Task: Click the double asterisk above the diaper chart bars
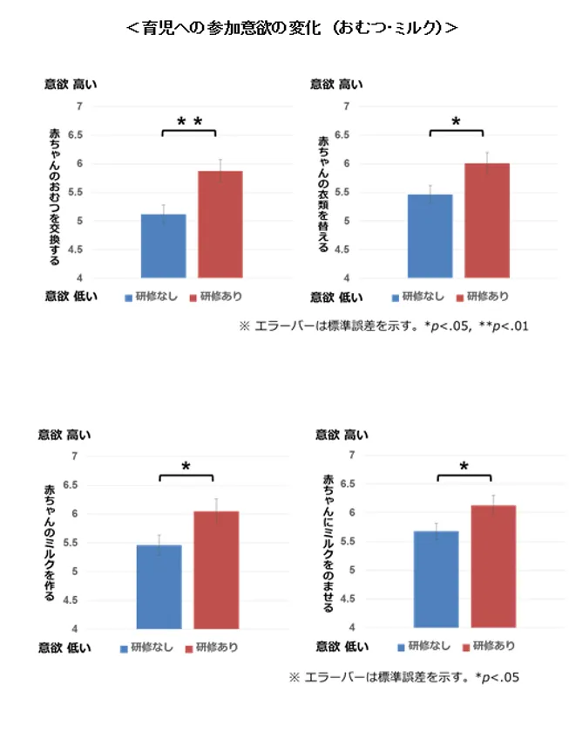click(x=189, y=122)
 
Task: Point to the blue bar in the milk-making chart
click(x=159, y=586)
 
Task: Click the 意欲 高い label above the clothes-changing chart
click(x=336, y=85)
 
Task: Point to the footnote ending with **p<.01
click(x=384, y=326)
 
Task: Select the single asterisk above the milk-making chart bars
click(x=186, y=468)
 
